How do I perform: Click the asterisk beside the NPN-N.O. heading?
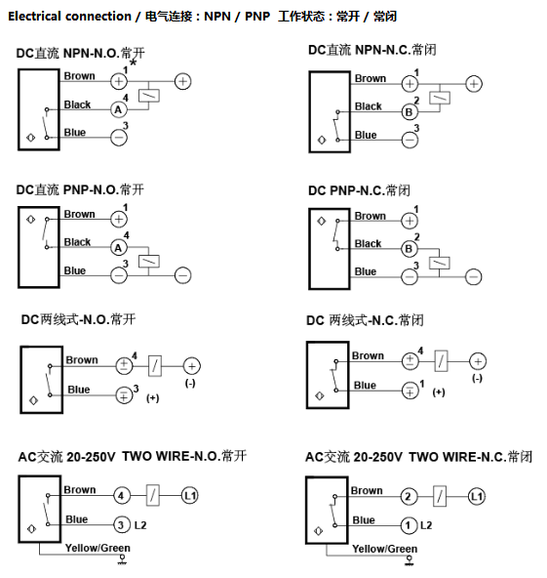pyautogui.click(x=133, y=63)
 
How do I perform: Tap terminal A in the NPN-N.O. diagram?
pyautogui.click(x=119, y=109)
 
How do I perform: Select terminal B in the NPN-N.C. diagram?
pyautogui.click(x=410, y=112)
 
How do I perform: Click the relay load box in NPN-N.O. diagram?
pyautogui.click(x=149, y=96)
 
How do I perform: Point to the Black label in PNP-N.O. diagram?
pyautogui.click(x=77, y=242)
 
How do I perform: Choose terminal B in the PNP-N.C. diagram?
pyautogui.click(x=409, y=249)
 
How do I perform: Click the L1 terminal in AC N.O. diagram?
pyautogui.click(x=189, y=496)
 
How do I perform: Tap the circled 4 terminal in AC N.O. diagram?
pyautogui.click(x=121, y=496)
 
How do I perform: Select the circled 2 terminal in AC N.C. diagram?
pyautogui.click(x=409, y=497)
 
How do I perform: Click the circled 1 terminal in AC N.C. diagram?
pyautogui.click(x=409, y=525)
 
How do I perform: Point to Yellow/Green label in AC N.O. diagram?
pyautogui.click(x=98, y=548)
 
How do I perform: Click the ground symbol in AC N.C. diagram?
pyautogui.click(x=409, y=561)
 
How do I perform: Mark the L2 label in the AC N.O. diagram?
pyautogui.click(x=140, y=525)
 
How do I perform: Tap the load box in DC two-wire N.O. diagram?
pyautogui.click(x=155, y=366)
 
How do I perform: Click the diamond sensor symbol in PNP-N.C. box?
pyautogui.click(x=322, y=222)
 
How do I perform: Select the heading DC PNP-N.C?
pyautogui.click(x=359, y=190)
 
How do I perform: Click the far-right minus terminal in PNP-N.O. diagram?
pyautogui.click(x=183, y=275)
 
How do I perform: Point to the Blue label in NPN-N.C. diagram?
pyautogui.click(x=366, y=135)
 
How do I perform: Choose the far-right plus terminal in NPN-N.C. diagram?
pyautogui.click(x=474, y=84)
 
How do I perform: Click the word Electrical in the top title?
pyautogui.click(x=34, y=17)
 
